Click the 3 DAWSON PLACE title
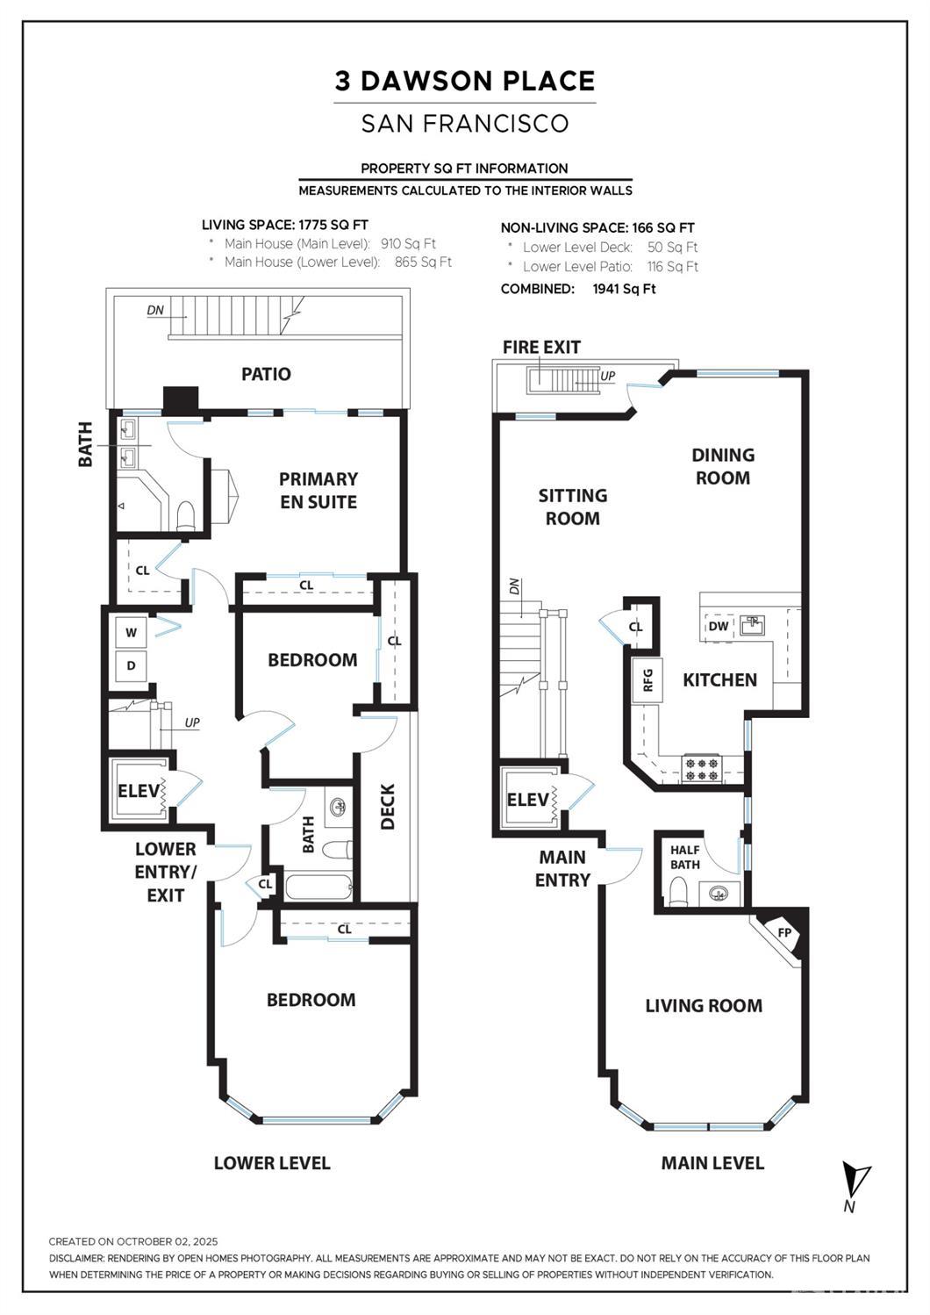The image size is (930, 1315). coord(464,81)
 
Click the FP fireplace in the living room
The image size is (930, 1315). coord(786,933)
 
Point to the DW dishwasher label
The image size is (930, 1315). coord(718,626)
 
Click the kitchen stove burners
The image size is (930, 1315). coord(703,769)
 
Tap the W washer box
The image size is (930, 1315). coord(131,632)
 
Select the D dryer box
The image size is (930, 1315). coord(131,665)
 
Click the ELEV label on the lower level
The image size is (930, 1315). coord(139,791)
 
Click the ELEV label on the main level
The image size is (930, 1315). coord(528,800)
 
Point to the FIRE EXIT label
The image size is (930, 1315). coord(541,347)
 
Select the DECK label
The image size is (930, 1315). coord(388,806)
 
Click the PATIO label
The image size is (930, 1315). coord(266,374)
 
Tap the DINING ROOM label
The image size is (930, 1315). coord(722,466)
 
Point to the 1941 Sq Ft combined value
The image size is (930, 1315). coord(624,289)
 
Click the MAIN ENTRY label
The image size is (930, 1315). coord(562,868)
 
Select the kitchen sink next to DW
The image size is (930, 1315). coord(752,626)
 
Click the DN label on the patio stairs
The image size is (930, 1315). coord(155,310)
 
